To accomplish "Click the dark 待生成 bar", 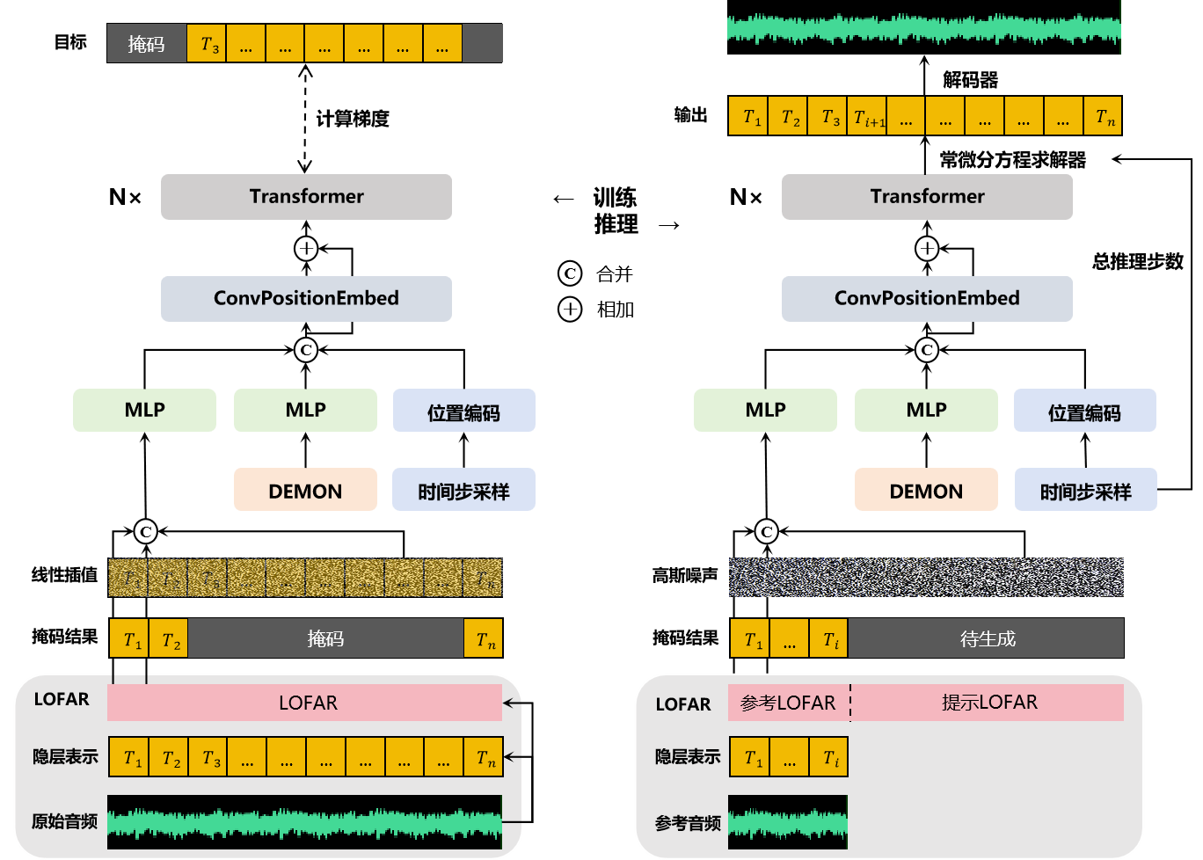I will [986, 638].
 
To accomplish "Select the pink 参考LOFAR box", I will [788, 703].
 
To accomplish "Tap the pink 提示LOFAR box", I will [988, 703].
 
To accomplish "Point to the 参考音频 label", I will [688, 824].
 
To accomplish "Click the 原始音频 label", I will [64, 821].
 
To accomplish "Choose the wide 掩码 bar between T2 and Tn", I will [325, 638].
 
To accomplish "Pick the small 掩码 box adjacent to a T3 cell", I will [146, 43].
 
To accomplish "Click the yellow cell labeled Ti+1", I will [868, 117].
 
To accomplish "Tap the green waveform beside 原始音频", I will [304, 822].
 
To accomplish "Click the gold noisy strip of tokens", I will [304, 577].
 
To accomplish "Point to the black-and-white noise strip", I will [926, 577].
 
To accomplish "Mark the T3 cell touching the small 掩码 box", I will [207, 43].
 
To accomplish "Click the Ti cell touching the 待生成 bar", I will [829, 639].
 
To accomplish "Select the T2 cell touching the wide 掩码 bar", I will [169, 639].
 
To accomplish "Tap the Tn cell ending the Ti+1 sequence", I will [1103, 117].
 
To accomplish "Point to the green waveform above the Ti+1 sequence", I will [923, 28].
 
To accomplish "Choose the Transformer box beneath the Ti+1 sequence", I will [927, 196].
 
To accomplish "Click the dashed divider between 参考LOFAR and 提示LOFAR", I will [850, 703].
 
